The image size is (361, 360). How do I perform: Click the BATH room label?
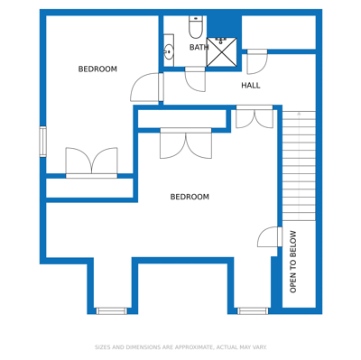(199, 47)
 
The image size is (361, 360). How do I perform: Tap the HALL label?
(251, 86)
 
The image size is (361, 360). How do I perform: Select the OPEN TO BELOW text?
(293, 262)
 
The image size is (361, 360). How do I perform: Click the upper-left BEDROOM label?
(97, 69)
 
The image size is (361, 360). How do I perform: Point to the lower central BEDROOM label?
(190, 197)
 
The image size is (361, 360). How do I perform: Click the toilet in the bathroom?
(196, 27)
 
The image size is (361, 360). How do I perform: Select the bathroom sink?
(169, 51)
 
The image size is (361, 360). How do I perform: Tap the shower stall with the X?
(222, 51)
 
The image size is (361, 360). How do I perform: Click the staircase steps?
(299, 166)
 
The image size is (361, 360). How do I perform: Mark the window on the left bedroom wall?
(43, 142)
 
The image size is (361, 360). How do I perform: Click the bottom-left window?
(112, 310)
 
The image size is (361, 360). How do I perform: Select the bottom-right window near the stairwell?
(253, 310)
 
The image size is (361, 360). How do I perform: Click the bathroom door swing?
(195, 79)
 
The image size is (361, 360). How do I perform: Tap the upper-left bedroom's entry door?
(147, 88)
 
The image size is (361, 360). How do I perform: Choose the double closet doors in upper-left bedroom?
(91, 162)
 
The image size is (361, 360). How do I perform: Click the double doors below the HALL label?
(255, 116)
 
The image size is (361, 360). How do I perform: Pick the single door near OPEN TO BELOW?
(270, 237)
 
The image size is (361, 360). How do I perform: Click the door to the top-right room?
(257, 62)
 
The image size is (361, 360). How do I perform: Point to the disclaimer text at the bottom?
(180, 347)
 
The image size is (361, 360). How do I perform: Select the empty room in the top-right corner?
(279, 32)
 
